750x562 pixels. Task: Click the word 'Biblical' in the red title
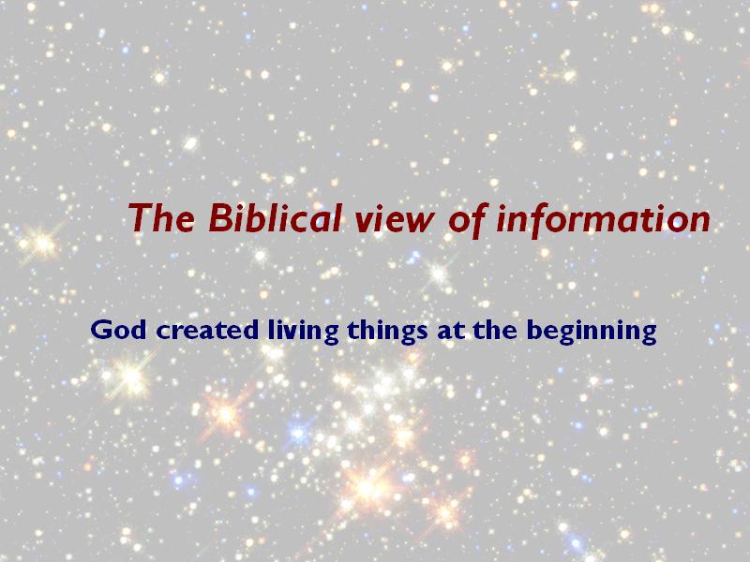coord(276,217)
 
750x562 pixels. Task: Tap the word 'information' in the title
coord(603,220)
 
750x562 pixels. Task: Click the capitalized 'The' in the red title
coord(161,217)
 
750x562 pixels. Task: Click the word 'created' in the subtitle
coord(207,330)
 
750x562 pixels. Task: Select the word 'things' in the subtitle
coord(387,331)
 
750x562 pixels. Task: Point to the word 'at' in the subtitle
coord(451,331)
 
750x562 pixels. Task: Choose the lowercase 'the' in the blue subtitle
coord(495,330)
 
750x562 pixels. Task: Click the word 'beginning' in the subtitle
coord(592,331)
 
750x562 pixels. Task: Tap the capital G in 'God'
coord(101,330)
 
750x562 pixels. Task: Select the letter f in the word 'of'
coord(478,220)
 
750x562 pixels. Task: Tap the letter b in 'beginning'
coord(535,330)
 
